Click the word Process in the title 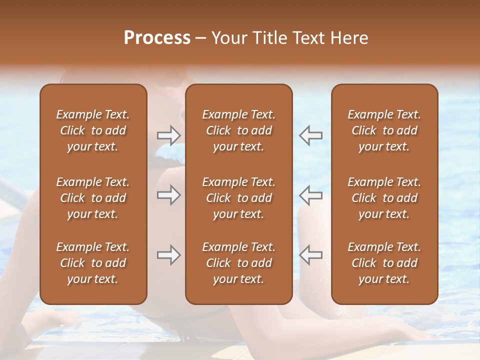click(x=157, y=38)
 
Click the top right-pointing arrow click(x=169, y=135)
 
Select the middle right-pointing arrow click(x=169, y=195)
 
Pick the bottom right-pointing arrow click(x=169, y=255)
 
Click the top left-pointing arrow click(x=311, y=135)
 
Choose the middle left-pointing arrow click(x=311, y=195)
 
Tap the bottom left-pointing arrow click(x=311, y=255)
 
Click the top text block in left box click(x=93, y=130)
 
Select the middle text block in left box click(x=93, y=198)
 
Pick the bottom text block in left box click(x=93, y=263)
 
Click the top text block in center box click(x=239, y=130)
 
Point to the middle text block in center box click(x=239, y=198)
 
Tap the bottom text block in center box click(x=239, y=263)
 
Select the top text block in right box click(x=384, y=130)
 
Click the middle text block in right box click(x=384, y=198)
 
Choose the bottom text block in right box click(x=384, y=263)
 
